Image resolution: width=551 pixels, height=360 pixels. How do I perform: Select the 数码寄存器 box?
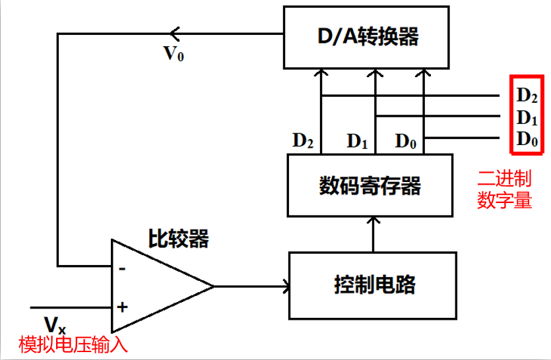(370, 186)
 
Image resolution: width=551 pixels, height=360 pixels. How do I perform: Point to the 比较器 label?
(178, 239)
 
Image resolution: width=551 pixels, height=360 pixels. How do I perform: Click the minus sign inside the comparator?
(122, 268)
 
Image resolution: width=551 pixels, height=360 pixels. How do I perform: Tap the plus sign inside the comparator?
(122, 307)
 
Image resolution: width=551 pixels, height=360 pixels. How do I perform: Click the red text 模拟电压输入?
(73, 345)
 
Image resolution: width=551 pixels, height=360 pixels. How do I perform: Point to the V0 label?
(174, 53)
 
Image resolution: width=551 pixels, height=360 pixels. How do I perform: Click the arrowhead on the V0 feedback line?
(174, 34)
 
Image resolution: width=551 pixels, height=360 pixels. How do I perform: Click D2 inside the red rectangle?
(527, 96)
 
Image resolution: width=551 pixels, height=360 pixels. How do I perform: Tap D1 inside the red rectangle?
(527, 118)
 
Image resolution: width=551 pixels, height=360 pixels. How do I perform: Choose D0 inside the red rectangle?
(527, 139)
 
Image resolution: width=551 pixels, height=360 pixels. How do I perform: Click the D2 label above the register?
(303, 140)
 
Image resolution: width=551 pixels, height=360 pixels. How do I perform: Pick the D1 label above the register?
(357, 140)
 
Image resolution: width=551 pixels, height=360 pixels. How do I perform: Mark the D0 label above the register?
(406, 140)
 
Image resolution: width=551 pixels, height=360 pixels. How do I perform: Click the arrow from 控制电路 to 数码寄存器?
(373, 234)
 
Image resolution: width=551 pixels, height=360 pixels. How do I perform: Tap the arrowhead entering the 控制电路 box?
(287, 286)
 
